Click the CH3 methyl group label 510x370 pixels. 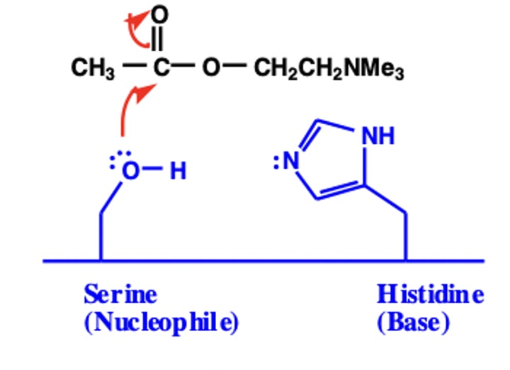point(88,69)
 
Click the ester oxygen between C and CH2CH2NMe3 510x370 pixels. point(210,69)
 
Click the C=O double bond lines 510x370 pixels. point(160,40)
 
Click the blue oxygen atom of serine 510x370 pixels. point(130,171)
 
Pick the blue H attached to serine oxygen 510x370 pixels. point(178,171)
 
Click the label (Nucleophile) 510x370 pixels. point(160,323)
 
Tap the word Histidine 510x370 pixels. point(430,293)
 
